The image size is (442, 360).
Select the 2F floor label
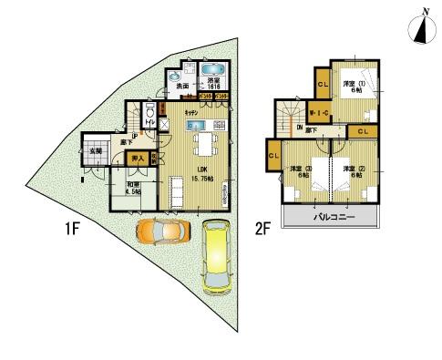263,230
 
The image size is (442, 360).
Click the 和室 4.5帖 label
136,188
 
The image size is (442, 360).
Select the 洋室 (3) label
302,171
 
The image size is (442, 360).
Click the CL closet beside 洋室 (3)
273,158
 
